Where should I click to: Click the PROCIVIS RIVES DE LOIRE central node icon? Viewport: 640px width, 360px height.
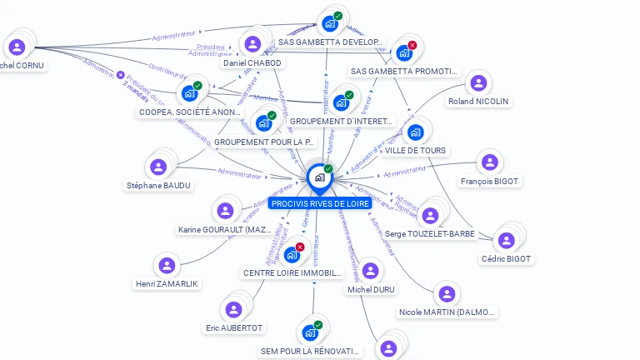(x=319, y=177)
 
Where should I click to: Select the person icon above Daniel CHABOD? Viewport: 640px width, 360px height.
(x=252, y=43)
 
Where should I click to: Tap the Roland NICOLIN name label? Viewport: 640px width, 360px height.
(x=478, y=102)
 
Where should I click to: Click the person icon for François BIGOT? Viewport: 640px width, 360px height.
(x=489, y=162)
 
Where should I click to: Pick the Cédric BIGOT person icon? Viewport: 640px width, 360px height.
(x=506, y=240)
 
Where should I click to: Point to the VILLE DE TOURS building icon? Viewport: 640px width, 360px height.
(x=415, y=132)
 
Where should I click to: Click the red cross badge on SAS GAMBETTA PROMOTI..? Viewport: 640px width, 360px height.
(x=412, y=45)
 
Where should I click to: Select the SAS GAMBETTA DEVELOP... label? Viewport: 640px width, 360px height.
(x=330, y=42)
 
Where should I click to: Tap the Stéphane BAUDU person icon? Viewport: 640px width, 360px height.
(x=158, y=167)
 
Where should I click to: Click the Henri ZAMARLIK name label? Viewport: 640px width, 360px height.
(x=167, y=284)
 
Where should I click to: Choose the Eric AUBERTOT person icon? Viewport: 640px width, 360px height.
(x=234, y=310)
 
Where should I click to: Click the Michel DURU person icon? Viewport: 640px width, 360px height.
(x=371, y=271)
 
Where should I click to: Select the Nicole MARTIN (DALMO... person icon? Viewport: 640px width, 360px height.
(x=447, y=293)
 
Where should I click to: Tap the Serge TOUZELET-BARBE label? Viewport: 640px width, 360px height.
(x=430, y=234)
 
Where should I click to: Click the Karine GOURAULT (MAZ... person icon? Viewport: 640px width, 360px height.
(x=224, y=211)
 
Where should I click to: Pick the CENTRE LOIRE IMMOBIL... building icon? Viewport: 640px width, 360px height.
(x=292, y=254)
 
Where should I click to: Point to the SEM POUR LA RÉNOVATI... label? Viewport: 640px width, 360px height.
(x=310, y=352)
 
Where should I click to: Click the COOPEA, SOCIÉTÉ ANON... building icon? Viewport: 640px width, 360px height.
(x=190, y=93)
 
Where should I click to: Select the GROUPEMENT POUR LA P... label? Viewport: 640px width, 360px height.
(x=264, y=142)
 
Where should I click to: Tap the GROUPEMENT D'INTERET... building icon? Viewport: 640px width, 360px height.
(x=340, y=103)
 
